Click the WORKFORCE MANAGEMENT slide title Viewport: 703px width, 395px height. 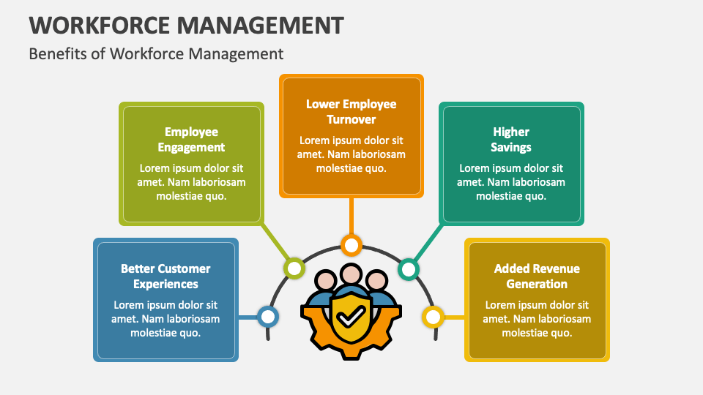187,25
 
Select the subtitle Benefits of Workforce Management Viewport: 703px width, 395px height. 156,53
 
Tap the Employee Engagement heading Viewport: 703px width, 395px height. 191,139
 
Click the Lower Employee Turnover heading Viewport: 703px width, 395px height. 351,111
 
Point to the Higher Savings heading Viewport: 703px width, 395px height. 511,139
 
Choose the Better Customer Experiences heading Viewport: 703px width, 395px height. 165,276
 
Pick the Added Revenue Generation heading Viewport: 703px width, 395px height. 537,276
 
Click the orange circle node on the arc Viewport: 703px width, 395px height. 351,245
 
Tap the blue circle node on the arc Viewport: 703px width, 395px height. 268,317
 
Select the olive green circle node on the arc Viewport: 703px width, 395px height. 294,268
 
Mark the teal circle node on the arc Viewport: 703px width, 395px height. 409,269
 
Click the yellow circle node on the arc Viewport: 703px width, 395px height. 433,317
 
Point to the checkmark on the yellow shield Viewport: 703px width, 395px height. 351,317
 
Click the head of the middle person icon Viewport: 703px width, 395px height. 351,274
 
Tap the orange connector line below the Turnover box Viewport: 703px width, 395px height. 351,216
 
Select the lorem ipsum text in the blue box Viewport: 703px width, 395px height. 165,318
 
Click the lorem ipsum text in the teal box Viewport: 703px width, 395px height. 511,182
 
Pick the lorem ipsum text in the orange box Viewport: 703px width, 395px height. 351,154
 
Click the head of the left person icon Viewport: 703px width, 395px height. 325,281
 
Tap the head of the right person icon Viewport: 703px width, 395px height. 376,281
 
